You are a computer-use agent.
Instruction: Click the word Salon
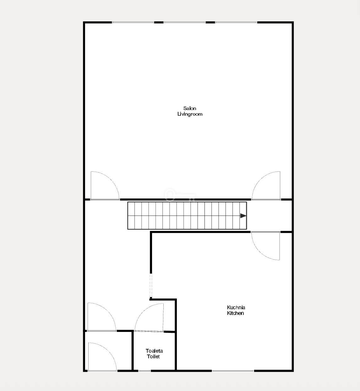[189, 108]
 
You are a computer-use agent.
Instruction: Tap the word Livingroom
[190, 114]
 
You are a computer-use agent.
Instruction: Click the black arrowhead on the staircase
[243, 216]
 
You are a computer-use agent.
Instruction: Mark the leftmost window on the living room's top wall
[133, 22]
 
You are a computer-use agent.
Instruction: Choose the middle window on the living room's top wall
[184, 22]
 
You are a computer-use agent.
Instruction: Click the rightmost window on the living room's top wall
[236, 22]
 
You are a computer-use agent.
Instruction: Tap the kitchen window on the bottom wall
[233, 371]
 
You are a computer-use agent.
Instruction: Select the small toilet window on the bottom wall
[145, 371]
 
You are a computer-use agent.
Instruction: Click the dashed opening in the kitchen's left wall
[151, 286]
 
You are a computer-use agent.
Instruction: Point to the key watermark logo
[180, 195]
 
